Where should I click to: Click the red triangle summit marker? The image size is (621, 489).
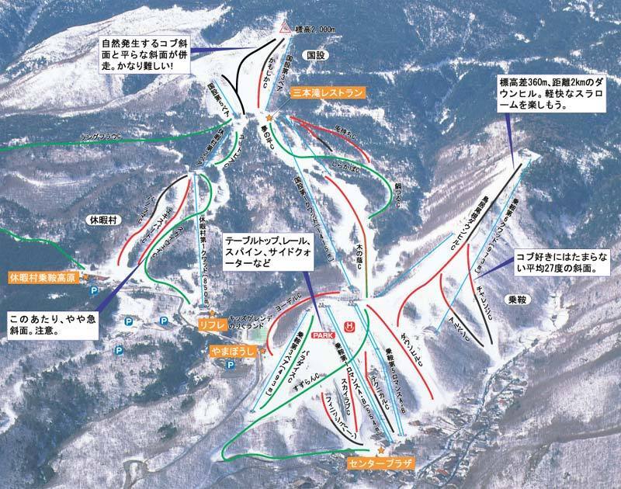pyautogui.click(x=285, y=28)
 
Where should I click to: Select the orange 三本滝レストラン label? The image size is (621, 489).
pyautogui.click(x=327, y=92)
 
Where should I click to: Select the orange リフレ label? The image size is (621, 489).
pyautogui.click(x=210, y=322)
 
